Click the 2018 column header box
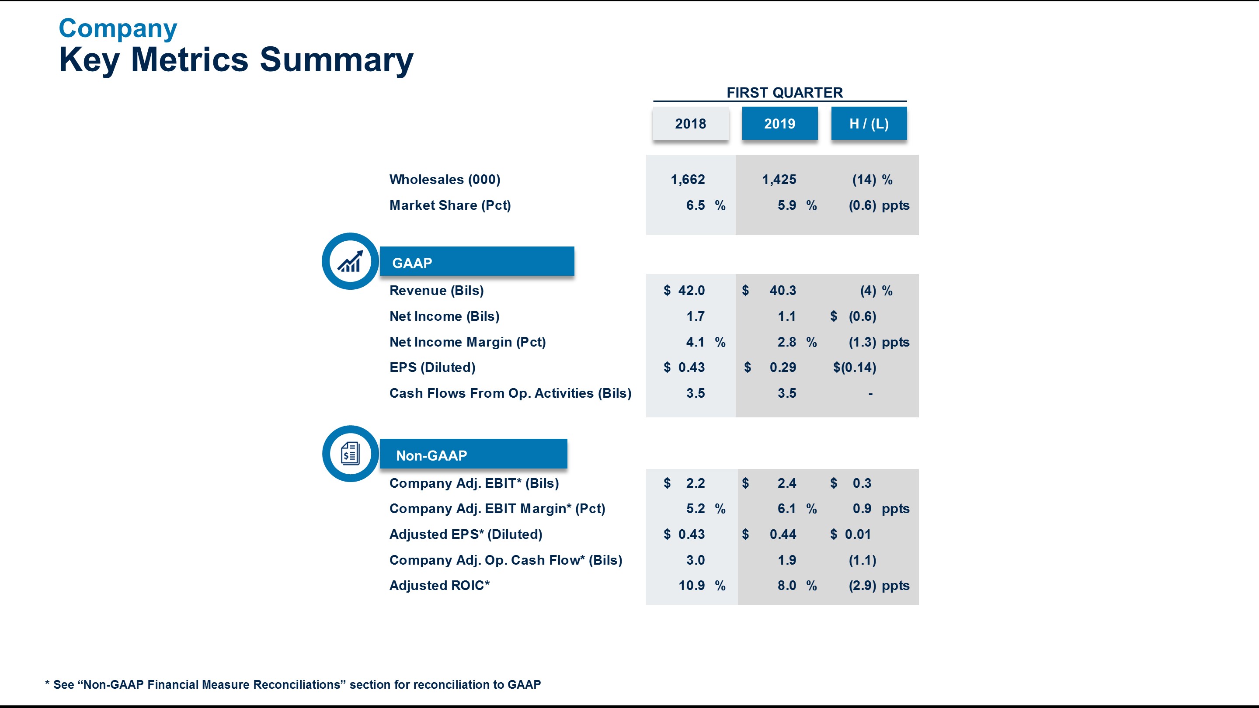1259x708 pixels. click(x=690, y=124)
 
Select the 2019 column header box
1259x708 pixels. click(x=779, y=124)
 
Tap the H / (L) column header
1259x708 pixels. click(x=869, y=124)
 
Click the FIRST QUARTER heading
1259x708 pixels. click(x=784, y=92)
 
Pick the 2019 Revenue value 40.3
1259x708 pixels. click(x=783, y=290)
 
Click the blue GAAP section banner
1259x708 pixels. click(x=476, y=262)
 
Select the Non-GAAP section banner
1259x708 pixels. click(x=473, y=455)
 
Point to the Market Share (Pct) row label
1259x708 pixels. click(x=450, y=205)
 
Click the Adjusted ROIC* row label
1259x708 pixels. click(x=439, y=585)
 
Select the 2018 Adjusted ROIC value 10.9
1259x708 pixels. click(x=691, y=585)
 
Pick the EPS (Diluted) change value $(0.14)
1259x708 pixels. click(x=854, y=368)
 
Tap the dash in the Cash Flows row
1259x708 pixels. click(x=870, y=394)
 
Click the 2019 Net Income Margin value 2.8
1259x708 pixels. click(x=786, y=342)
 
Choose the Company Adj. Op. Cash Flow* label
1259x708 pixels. click(x=505, y=560)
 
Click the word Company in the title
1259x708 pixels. click(x=118, y=28)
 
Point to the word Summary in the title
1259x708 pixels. click(x=336, y=59)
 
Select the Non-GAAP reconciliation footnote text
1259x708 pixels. click(x=293, y=684)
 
